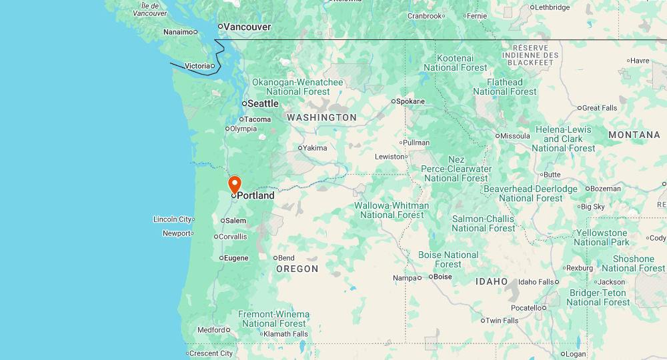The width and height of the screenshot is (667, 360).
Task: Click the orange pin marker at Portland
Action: (234, 183)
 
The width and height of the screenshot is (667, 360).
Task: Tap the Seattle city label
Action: (263, 103)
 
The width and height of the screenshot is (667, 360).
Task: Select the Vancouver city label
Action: (247, 27)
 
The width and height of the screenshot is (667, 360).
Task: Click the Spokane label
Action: (410, 101)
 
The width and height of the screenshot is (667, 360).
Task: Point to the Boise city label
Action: (443, 276)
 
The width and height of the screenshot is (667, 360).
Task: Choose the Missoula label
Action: (515, 136)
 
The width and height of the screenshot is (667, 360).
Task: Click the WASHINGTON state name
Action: (321, 117)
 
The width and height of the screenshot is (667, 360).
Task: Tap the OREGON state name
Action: (297, 269)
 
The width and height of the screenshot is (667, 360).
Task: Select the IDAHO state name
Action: (492, 281)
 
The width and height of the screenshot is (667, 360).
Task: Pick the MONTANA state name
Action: (634, 135)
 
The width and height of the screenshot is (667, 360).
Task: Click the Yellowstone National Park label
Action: (602, 237)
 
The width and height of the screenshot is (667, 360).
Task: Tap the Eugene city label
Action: (236, 258)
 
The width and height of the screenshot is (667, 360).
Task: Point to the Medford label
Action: (211, 329)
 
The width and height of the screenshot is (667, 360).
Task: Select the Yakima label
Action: (315, 148)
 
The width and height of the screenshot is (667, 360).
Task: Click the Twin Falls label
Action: (502, 321)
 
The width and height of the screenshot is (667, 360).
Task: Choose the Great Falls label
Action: (600, 108)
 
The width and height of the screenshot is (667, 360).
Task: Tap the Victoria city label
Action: (197, 65)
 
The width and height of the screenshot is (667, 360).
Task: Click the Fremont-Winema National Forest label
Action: (274, 319)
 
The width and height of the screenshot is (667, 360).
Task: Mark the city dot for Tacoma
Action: (241, 119)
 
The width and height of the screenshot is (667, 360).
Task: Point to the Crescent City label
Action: (211, 353)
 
